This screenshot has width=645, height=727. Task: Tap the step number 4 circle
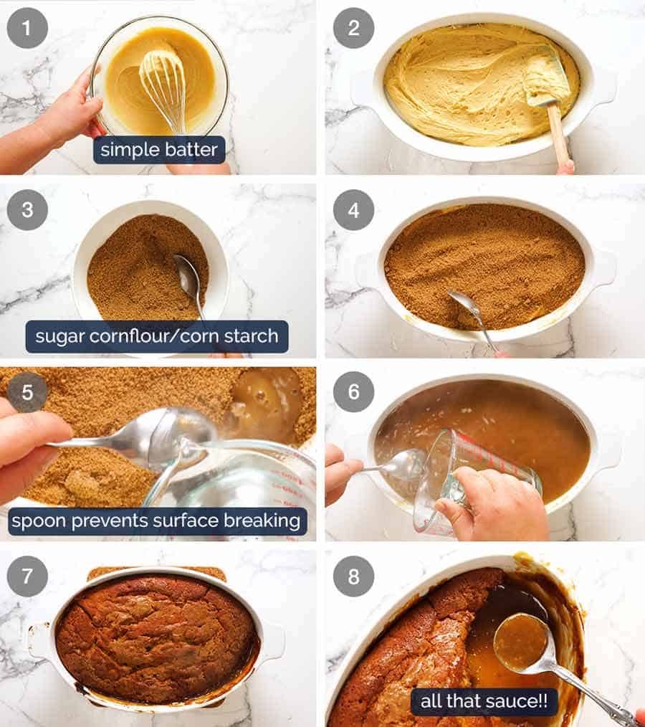tap(353, 210)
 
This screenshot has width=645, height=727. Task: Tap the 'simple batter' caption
tap(159, 150)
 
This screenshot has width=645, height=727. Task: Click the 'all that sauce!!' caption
tap(484, 701)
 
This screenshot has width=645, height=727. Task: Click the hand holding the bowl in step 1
tap(68, 115)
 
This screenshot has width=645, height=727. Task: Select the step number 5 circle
tap(27, 391)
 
